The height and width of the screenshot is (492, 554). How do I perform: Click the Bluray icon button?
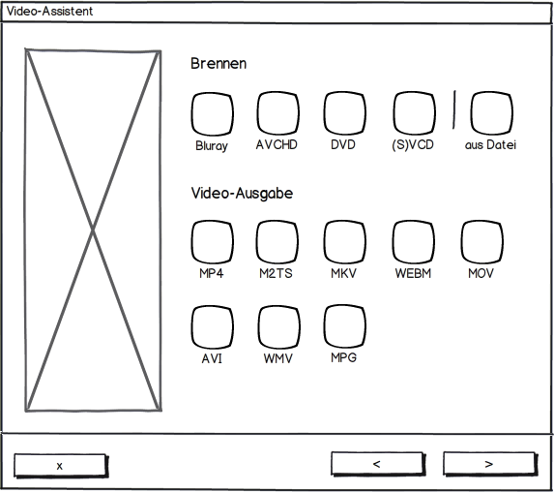(x=213, y=114)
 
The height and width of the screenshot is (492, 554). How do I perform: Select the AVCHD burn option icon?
(x=278, y=113)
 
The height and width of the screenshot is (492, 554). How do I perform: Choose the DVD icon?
(x=344, y=113)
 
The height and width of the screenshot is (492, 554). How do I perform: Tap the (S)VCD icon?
(x=414, y=113)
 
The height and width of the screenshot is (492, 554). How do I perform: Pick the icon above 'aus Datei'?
(x=491, y=113)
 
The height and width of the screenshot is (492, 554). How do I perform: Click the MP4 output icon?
(x=212, y=242)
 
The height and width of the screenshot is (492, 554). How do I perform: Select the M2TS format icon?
(x=277, y=242)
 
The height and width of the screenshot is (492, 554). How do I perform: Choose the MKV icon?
(x=344, y=242)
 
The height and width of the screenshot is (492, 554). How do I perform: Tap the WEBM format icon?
(x=414, y=242)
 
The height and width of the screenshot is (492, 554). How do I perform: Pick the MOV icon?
(x=481, y=242)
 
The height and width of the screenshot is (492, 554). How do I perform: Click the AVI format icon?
(x=212, y=327)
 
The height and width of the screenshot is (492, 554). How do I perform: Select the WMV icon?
(x=278, y=327)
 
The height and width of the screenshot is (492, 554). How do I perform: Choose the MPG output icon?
(x=344, y=326)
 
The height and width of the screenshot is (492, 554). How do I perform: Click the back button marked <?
(x=378, y=464)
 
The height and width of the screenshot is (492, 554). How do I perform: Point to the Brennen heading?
(x=219, y=64)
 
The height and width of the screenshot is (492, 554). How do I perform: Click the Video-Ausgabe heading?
(x=242, y=194)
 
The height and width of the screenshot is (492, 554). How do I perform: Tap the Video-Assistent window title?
(x=49, y=12)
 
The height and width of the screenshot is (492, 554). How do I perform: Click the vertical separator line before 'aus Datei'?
(x=454, y=109)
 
